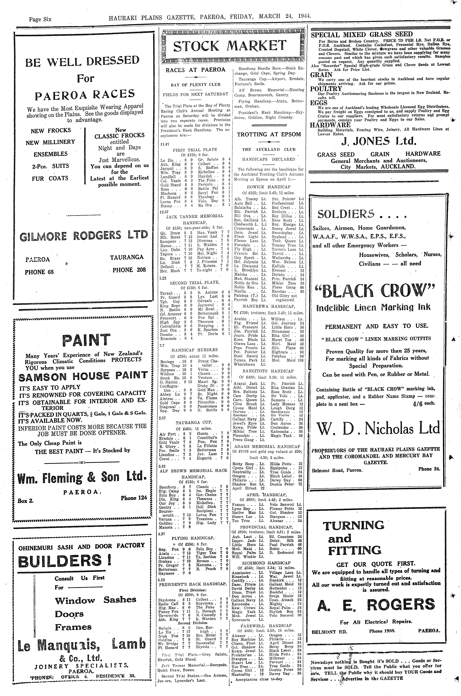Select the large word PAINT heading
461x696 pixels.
86,340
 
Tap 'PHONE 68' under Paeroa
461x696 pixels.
39,272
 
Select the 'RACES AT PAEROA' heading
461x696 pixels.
195,70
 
